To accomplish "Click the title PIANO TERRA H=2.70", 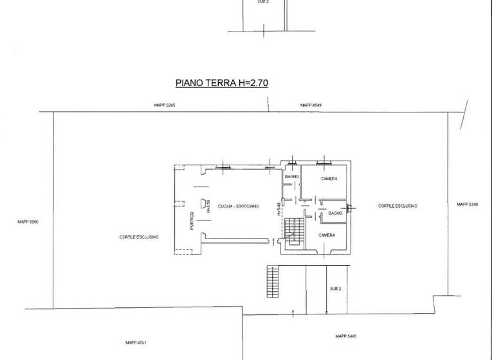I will click(x=222, y=83).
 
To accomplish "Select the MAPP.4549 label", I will click(x=311, y=105).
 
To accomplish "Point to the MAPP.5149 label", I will click(x=468, y=204).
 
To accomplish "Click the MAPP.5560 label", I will click(x=29, y=222).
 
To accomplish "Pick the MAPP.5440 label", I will click(x=345, y=336).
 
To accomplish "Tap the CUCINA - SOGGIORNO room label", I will click(x=238, y=206).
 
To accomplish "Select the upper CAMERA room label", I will click(x=329, y=178).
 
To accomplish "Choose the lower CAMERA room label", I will click(x=327, y=235).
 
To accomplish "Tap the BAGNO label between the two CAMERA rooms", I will click(x=334, y=212).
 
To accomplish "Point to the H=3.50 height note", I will click(x=209, y=205).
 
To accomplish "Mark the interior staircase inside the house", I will click(x=295, y=230).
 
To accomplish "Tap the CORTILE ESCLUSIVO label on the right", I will click(x=398, y=206).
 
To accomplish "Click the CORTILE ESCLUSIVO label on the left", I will click(x=139, y=237).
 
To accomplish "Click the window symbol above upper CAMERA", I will click(x=325, y=161).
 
